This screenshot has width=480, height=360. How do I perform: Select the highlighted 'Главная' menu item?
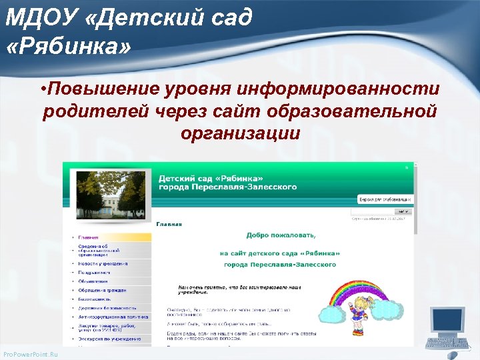(88, 237)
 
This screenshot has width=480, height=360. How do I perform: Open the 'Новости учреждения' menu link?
(103, 263)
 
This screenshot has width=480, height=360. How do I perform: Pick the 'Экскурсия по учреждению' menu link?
(109, 339)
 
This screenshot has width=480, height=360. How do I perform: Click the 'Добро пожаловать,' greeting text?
(281, 235)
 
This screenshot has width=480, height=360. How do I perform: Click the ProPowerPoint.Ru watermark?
(31, 354)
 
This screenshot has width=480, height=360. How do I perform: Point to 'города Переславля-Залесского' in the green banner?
(227, 187)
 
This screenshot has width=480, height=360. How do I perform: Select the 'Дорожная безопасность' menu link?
(107, 308)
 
